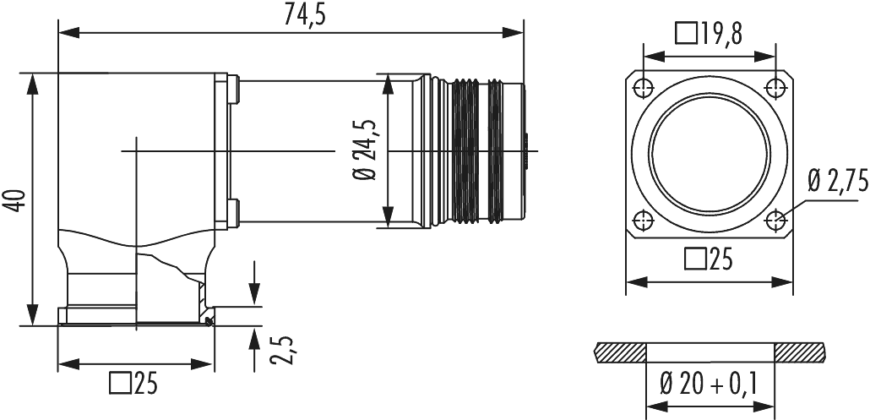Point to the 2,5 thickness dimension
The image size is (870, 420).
(x=284, y=351)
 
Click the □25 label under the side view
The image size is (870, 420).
(x=134, y=385)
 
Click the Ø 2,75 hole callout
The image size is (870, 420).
(x=836, y=181)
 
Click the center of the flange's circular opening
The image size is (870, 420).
(x=709, y=153)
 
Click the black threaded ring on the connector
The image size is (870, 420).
(x=465, y=152)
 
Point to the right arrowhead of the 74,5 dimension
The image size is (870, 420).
(x=518, y=32)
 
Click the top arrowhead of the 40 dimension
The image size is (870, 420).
(x=32, y=81)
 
